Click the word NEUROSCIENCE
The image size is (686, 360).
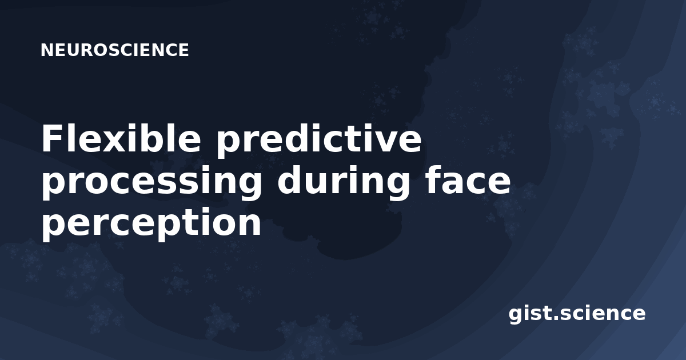tap(114, 50)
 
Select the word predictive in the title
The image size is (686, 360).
tap(319, 140)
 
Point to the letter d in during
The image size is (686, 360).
tap(290, 179)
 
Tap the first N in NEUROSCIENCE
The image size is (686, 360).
tap(47, 50)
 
